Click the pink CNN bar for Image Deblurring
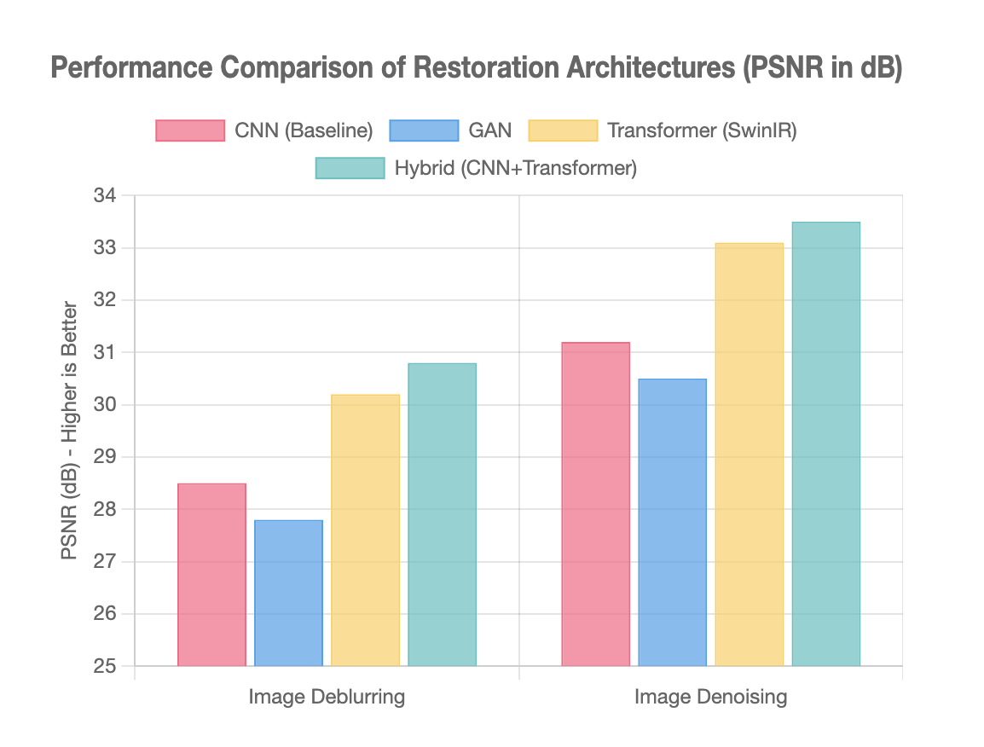pyautogui.click(x=211, y=575)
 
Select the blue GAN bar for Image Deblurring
pyautogui.click(x=288, y=593)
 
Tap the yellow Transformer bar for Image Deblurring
pyautogui.click(x=365, y=530)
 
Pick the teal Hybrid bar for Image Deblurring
pyautogui.click(x=442, y=514)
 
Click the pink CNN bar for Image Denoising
pyautogui.click(x=595, y=504)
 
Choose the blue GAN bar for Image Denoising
pyautogui.click(x=672, y=522)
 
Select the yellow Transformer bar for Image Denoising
pyautogui.click(x=749, y=455)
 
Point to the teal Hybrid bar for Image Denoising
pyautogui.click(x=825, y=444)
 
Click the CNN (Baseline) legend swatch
pyautogui.click(x=189, y=130)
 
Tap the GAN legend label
pyautogui.click(x=490, y=130)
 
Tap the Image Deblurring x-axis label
pyautogui.click(x=327, y=697)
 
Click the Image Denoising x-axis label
pyautogui.click(x=710, y=697)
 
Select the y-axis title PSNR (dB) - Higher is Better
pyautogui.click(x=70, y=431)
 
